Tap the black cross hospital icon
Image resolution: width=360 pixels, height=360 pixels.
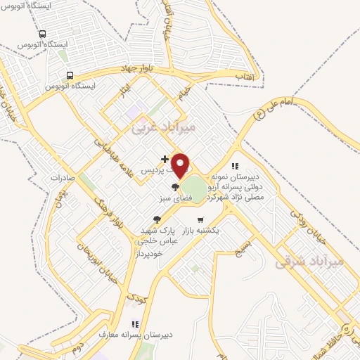pyautogui.click(x=165, y=160)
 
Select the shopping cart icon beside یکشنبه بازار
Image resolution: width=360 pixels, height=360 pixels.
pyautogui.click(x=200, y=219)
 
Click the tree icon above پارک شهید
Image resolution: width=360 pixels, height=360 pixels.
pyautogui.click(x=156, y=220)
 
